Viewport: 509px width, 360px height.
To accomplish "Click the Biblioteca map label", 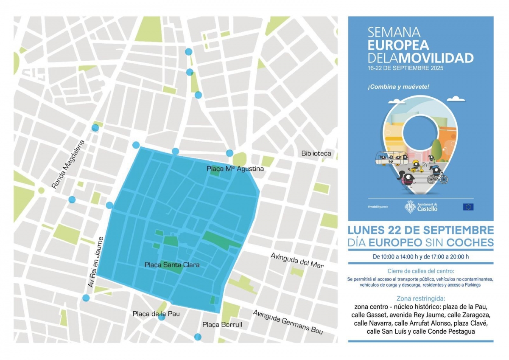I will [x=316, y=153].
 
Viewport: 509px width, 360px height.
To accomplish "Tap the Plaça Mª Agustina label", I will [x=235, y=169].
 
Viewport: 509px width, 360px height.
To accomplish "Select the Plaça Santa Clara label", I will [x=172, y=265].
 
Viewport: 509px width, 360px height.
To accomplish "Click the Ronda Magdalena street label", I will [x=68, y=164].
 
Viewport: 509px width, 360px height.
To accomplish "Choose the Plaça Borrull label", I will [x=222, y=325].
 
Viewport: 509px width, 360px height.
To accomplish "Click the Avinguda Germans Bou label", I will [x=288, y=322].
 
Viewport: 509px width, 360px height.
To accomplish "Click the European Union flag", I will [x=468, y=207].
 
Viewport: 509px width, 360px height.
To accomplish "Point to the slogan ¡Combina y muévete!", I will [x=398, y=87].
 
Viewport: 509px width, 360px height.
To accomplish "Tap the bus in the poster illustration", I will [x=391, y=158].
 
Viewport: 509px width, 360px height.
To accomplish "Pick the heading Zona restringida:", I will [x=420, y=298].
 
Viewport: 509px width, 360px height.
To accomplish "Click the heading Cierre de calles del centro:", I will [x=420, y=271].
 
